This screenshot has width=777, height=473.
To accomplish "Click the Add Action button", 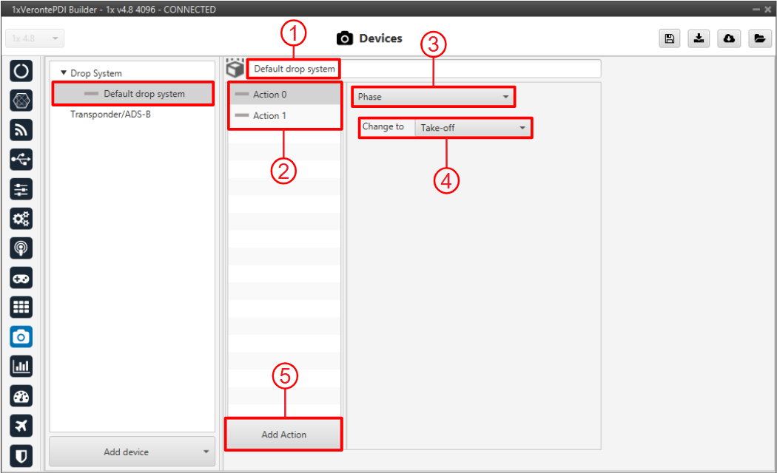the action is tap(283, 434).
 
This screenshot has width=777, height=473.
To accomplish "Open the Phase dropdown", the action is tap(433, 97).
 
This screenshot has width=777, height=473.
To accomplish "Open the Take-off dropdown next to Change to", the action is tap(472, 128).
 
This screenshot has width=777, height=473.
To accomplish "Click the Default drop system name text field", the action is tap(424, 69).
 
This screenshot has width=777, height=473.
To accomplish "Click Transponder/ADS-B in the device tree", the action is tap(110, 115).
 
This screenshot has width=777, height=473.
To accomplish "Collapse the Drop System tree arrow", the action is tap(64, 72).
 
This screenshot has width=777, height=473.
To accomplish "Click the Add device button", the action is tap(132, 452).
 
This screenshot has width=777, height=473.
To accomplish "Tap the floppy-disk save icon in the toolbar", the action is tap(670, 38).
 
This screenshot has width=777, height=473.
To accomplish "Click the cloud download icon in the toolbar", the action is tap(729, 38).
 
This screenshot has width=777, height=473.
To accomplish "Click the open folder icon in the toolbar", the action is tap(760, 38).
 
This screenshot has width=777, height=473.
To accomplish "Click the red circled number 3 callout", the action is tap(433, 44).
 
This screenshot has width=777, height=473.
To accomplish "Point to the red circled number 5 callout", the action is tap(285, 376).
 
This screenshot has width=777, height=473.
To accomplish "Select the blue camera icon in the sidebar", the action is tap(21, 337).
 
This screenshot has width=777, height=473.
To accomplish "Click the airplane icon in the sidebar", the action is tap(21, 426).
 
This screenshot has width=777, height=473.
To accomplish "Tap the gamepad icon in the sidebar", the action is tap(21, 278).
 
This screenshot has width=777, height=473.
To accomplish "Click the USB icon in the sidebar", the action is tap(21, 160).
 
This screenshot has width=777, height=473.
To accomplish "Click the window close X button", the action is tap(767, 10).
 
